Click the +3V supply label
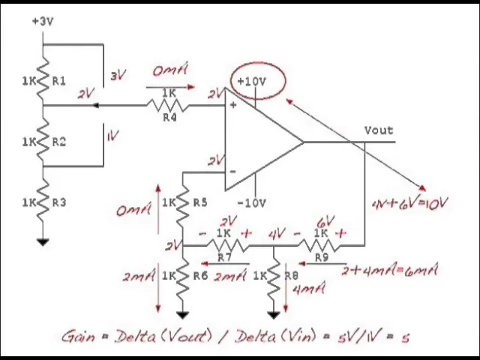point(43,21)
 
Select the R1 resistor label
point(58,80)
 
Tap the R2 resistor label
point(58,141)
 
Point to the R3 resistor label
point(58,202)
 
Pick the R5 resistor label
point(199,202)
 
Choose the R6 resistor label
point(199,275)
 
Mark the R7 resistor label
point(223,257)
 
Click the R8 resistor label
point(292,275)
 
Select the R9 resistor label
point(321,257)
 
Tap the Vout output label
point(379,130)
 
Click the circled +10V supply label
point(251,81)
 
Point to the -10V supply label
point(251,202)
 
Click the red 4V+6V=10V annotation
point(409,203)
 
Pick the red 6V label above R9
point(325,222)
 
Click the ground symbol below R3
point(43,241)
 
